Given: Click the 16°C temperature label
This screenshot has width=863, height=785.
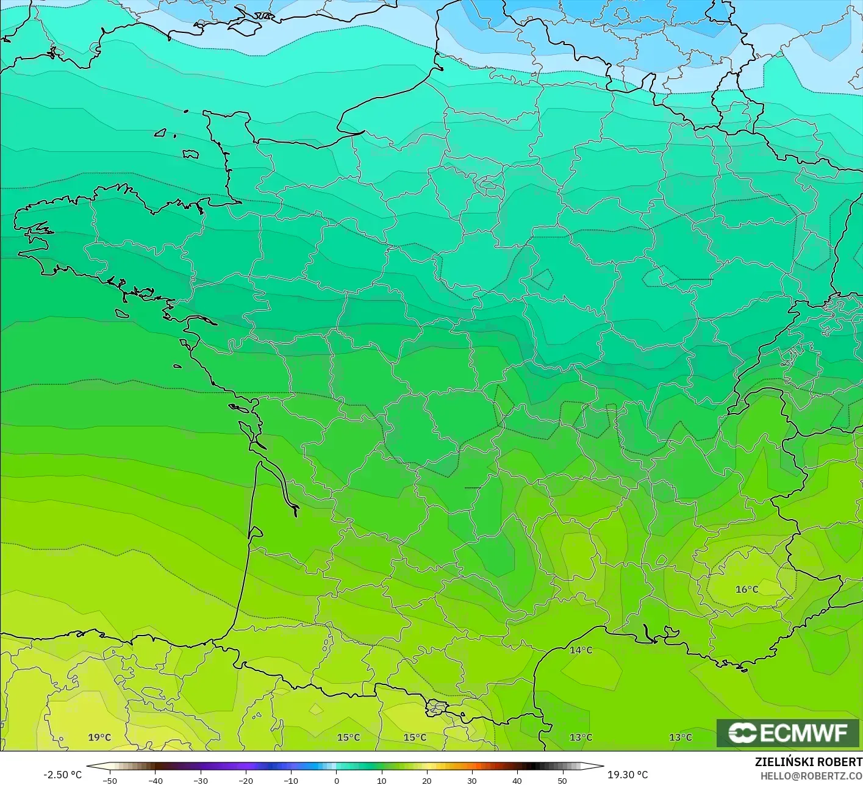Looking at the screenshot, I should (747, 589).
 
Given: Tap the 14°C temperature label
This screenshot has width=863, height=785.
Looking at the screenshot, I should (581, 650).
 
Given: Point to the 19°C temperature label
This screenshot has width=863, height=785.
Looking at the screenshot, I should (99, 737).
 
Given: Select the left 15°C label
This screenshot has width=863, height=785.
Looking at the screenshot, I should (348, 737).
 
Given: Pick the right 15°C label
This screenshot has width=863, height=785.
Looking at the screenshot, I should (415, 737).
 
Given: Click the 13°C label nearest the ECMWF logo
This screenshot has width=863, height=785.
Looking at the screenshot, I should (681, 737).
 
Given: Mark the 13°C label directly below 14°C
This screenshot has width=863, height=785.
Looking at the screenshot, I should (581, 737).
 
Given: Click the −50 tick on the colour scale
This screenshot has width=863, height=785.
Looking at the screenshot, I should (110, 781).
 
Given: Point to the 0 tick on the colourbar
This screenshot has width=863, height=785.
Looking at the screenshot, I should (336, 781).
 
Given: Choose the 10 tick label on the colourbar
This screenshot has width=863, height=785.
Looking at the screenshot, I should (381, 781).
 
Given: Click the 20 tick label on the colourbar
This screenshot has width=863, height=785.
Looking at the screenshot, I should (426, 781).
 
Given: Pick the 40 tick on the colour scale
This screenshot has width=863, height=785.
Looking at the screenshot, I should (517, 781).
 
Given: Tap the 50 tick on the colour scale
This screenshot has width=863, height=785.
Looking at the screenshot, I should (562, 781).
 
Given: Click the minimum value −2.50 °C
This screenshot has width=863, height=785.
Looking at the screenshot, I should (62, 775).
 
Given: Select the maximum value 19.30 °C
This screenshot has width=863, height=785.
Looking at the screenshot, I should (628, 775).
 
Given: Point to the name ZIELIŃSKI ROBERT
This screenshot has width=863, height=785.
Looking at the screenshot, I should (808, 762).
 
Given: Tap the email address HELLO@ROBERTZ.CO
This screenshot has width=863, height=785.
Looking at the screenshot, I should (811, 776).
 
